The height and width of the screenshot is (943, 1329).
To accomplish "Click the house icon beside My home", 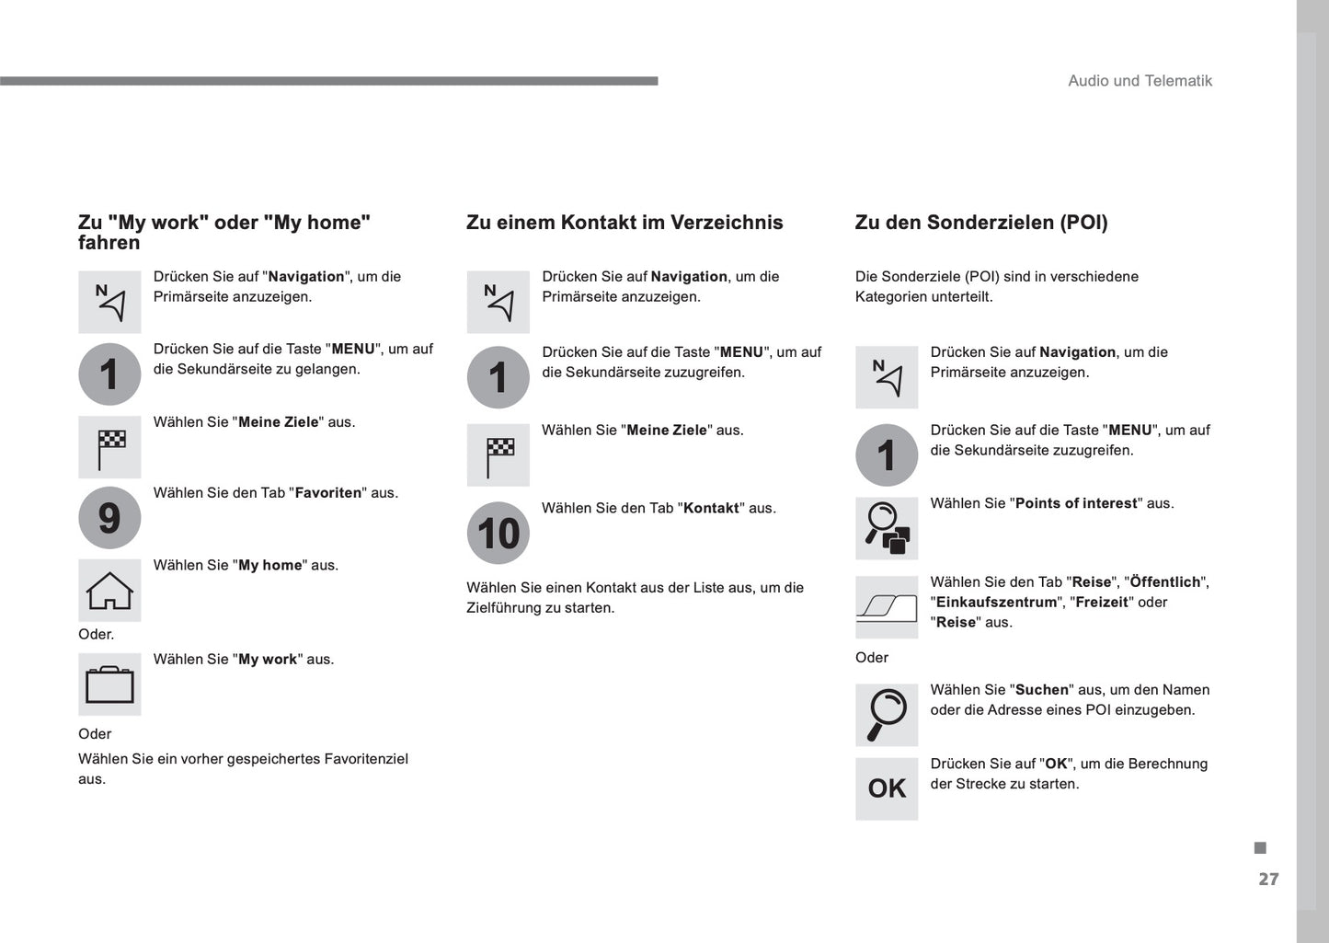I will [109, 591].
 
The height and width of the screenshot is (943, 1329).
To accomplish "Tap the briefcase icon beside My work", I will [109, 684].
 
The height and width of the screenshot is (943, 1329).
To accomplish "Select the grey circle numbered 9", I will [109, 518].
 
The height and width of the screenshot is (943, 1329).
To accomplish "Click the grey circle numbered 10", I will [498, 533].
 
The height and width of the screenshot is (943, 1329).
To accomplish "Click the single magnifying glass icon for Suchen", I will [887, 715].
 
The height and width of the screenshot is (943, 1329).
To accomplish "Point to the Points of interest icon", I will [887, 528].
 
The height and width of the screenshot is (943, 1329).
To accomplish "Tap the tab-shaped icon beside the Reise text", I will [887, 607].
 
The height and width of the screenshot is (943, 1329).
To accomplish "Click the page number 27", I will [1268, 880].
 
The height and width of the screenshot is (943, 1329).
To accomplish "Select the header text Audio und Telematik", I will [1140, 81].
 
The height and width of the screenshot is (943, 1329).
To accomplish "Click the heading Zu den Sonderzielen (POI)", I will [981, 223].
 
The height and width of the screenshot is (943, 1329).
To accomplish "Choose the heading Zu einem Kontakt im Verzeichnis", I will [624, 223].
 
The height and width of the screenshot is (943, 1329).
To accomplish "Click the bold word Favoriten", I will [328, 493].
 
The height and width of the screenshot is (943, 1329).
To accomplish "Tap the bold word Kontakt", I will [711, 509].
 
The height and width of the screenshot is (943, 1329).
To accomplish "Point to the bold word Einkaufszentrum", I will [996, 603].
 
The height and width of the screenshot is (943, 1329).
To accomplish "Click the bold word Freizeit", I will [1101, 603].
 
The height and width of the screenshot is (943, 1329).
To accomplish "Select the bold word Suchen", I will [1042, 690].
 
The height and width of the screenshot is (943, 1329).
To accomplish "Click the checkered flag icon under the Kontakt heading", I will [498, 455].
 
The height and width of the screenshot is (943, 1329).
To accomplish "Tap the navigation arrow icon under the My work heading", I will [109, 302].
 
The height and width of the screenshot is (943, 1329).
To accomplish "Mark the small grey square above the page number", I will [1260, 847].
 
